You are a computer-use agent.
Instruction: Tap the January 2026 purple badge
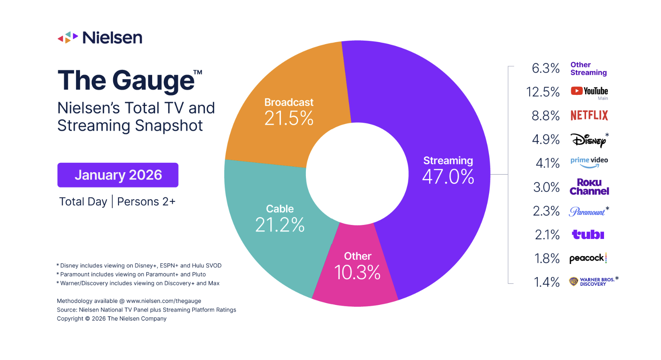click(x=118, y=175)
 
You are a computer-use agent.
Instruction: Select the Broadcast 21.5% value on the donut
click(x=289, y=118)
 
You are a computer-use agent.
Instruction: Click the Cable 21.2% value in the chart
click(x=280, y=225)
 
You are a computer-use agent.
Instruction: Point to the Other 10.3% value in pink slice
click(x=357, y=272)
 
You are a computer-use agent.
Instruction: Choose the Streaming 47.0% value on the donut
click(x=448, y=176)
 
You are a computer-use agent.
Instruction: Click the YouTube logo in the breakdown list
click(x=589, y=91)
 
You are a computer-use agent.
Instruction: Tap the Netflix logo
click(x=589, y=116)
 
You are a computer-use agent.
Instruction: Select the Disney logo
click(x=588, y=140)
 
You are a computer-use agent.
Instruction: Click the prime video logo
click(x=589, y=162)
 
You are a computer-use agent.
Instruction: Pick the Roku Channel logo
click(x=589, y=187)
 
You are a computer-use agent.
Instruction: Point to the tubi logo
click(x=588, y=234)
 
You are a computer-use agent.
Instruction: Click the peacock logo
click(x=588, y=258)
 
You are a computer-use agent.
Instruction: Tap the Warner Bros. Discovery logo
click(x=592, y=282)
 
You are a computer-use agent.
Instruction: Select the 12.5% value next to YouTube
click(x=543, y=92)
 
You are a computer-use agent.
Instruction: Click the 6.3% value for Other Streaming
click(x=546, y=68)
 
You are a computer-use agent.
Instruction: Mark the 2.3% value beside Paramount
click(x=546, y=211)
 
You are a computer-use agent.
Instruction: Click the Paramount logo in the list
click(x=587, y=212)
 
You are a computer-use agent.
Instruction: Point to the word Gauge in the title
click(x=153, y=81)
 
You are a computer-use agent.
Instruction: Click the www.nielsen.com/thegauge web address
click(x=164, y=301)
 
